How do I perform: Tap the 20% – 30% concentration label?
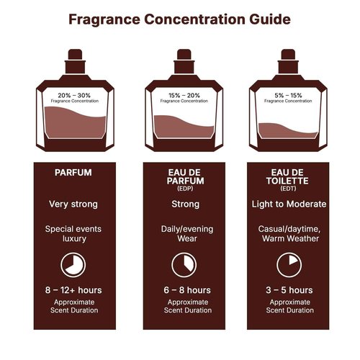[x=73, y=94]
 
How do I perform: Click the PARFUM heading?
[x=73, y=173]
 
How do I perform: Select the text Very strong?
[x=73, y=204]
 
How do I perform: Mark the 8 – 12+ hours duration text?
[x=73, y=290]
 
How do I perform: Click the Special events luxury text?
[x=73, y=233]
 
